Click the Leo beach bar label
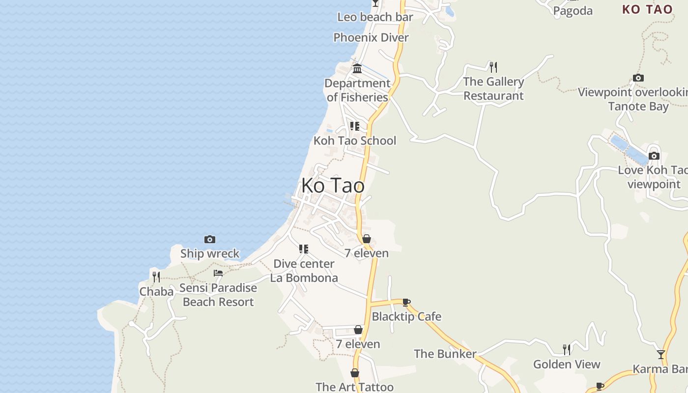pyautogui.click(x=375, y=17)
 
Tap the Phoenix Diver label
pyautogui.click(x=371, y=37)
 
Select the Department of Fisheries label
pyautogui.click(x=357, y=90)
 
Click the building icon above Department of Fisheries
pyautogui.click(x=357, y=68)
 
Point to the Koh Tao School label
pyautogui.click(x=354, y=140)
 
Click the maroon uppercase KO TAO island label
pyautogui.click(x=647, y=9)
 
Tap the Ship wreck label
pyautogui.click(x=210, y=253)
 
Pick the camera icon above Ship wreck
pyautogui.click(x=210, y=240)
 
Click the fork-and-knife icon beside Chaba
pyautogui.click(x=156, y=277)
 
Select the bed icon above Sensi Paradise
pyautogui.click(x=218, y=273)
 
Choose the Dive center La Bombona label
pyautogui.click(x=304, y=271)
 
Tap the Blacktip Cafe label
pyautogui.click(x=406, y=316)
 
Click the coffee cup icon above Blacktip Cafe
pyautogui.click(x=406, y=302)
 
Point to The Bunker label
pyautogui.click(x=445, y=354)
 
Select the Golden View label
pyautogui.click(x=567, y=364)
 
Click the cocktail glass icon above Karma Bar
pyautogui.click(x=661, y=354)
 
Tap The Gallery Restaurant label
pyautogui.click(x=493, y=88)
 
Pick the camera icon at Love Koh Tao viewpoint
pyautogui.click(x=654, y=156)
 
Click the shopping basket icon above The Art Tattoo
pyautogui.click(x=354, y=373)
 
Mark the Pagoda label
pyautogui.click(x=573, y=11)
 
